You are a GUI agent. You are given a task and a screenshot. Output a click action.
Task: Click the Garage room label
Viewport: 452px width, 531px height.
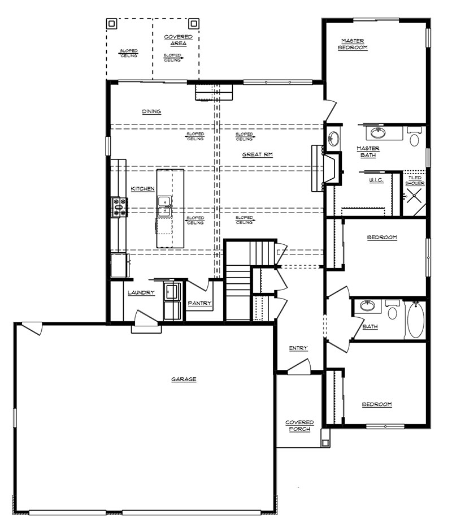tap(184, 379)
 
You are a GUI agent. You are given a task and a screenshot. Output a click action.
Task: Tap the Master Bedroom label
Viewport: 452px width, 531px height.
tap(353, 44)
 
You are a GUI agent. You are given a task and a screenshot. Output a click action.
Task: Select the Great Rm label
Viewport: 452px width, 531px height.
tap(257, 154)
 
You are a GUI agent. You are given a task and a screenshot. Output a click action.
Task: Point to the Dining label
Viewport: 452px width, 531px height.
tap(151, 111)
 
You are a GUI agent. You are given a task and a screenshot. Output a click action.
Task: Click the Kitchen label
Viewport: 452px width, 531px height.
tap(142, 189)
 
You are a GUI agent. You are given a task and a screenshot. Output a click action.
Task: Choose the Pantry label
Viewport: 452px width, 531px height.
tap(199, 304)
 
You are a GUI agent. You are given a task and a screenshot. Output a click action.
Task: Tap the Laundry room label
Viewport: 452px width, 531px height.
tap(141, 292)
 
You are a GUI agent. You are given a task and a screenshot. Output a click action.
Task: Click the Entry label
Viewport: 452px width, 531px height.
tap(298, 348)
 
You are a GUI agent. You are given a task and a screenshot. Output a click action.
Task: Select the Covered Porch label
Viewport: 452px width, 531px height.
tap(299, 426)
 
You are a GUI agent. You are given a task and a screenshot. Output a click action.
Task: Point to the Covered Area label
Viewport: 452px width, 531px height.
tap(179, 40)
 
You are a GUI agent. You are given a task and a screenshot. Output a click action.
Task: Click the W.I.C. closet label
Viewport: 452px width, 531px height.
tap(376, 180)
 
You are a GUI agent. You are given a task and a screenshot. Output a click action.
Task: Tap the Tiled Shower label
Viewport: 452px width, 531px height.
tap(415, 180)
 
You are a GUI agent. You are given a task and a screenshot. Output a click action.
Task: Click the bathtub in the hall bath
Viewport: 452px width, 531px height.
tap(416, 320)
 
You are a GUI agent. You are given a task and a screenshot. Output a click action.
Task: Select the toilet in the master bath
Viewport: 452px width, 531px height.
tap(414, 136)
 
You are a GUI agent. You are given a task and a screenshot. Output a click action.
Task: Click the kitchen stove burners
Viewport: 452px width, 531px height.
tap(119, 207)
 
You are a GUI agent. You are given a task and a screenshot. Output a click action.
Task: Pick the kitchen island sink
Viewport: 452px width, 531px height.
tap(164, 206)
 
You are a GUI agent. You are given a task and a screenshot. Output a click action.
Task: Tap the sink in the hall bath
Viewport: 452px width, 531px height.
tap(367, 305)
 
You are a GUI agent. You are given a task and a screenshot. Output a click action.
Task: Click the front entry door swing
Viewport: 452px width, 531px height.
tap(299, 367)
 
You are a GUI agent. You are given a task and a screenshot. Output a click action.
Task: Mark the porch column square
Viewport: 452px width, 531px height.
tap(325, 442)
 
